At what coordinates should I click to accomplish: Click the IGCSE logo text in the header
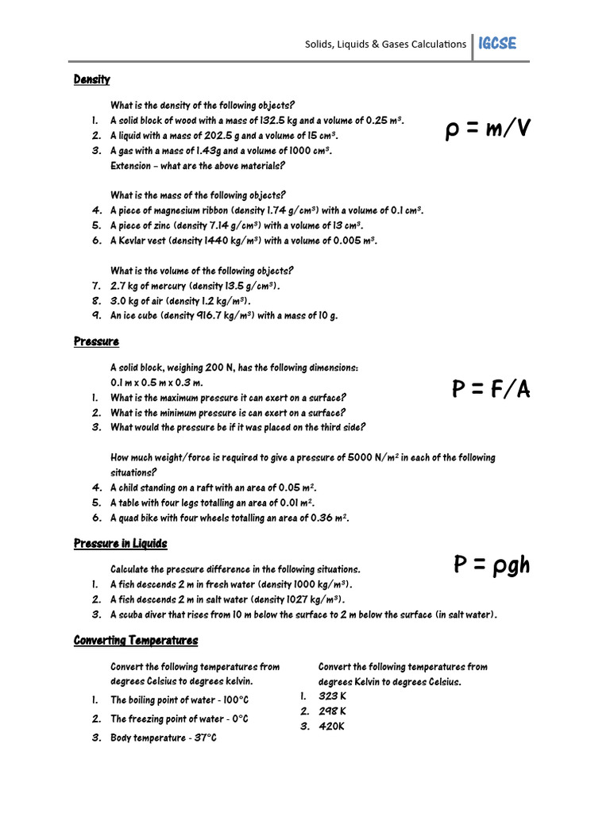pyautogui.click(x=497, y=44)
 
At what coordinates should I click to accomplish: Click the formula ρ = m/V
pyautogui.click(x=488, y=129)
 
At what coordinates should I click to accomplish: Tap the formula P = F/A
pyautogui.click(x=491, y=389)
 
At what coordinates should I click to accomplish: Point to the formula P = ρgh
pyautogui.click(x=492, y=564)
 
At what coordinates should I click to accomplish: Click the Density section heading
pyautogui.click(x=92, y=79)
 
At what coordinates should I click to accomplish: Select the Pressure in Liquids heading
pyautogui.click(x=121, y=544)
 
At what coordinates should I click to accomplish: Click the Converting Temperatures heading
pyautogui.click(x=136, y=640)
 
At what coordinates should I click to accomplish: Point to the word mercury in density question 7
pyautogui.click(x=166, y=286)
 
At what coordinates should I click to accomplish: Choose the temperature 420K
pyautogui.click(x=332, y=726)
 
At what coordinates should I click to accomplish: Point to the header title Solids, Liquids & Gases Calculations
pyautogui.click(x=386, y=44)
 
